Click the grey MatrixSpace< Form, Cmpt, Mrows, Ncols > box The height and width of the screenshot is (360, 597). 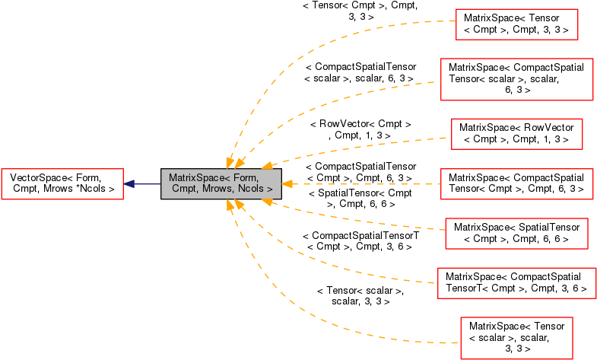point(221,183)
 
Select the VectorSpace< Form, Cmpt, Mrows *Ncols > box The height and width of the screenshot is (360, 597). point(63,183)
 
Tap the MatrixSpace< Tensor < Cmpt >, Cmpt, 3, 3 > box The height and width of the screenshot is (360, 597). point(516,24)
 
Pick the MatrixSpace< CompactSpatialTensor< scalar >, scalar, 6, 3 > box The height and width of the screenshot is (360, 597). point(516,79)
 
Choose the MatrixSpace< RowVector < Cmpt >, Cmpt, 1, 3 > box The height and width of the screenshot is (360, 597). point(516,134)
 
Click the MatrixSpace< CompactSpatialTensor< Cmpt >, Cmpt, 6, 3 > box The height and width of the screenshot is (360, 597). point(516,183)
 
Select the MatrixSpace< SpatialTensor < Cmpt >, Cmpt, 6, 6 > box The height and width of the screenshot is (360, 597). point(516,234)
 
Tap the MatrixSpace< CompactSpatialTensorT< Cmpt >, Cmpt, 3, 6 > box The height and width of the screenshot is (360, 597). point(516,283)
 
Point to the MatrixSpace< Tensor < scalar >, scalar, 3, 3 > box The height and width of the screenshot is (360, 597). point(516,338)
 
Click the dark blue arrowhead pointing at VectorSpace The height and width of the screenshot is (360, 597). point(129,184)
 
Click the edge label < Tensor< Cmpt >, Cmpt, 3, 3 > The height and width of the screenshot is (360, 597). point(360,11)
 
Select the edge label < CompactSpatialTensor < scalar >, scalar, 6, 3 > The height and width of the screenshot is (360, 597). point(360,72)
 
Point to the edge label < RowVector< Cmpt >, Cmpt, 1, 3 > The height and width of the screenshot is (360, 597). point(360,129)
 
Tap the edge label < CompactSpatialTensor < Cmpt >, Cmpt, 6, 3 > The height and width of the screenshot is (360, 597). point(360,172)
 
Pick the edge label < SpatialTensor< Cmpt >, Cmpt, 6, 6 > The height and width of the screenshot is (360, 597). point(360,199)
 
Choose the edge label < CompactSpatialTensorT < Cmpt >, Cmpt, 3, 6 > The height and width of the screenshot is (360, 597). point(360,241)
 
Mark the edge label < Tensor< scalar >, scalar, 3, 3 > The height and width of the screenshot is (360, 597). point(360,296)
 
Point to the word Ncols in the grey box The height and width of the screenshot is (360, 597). point(251,189)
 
